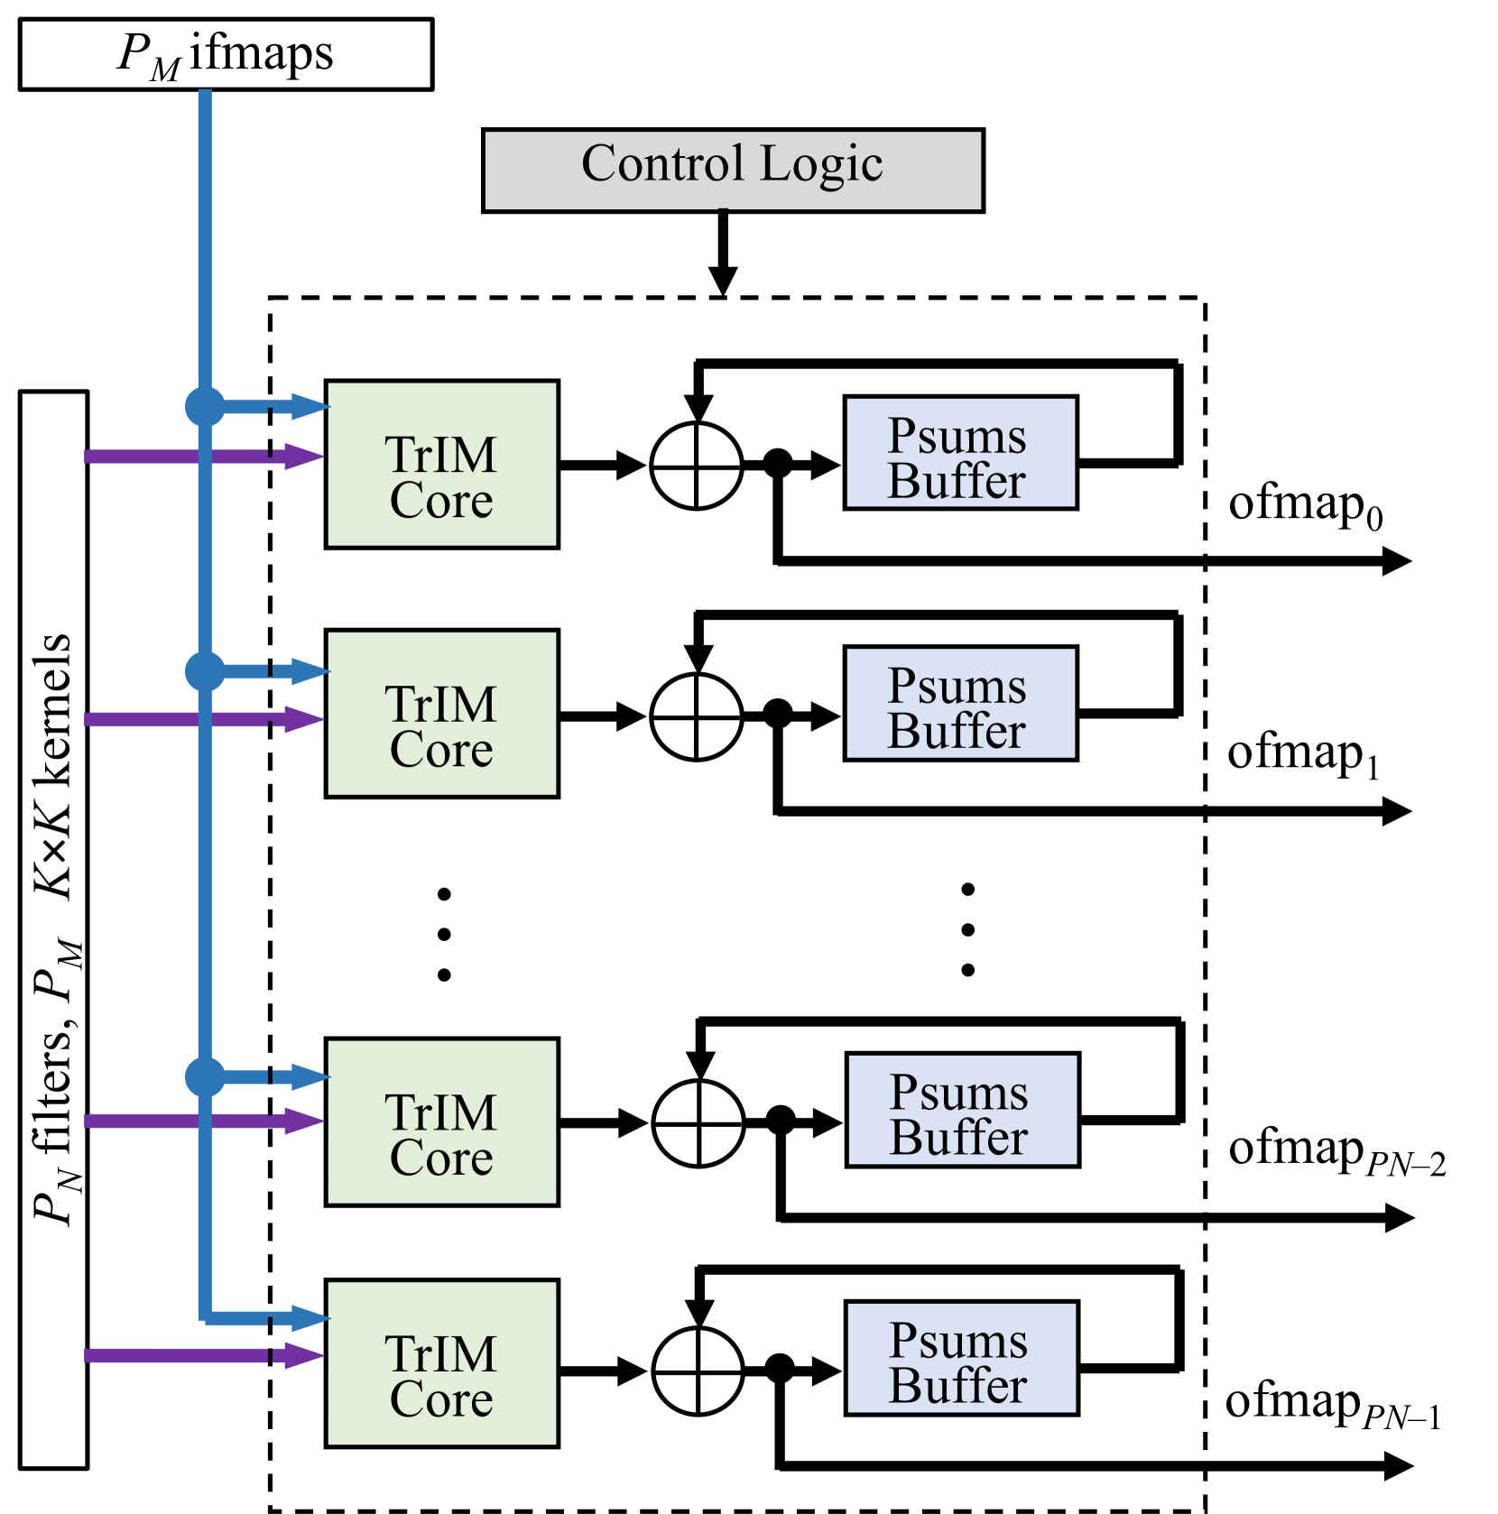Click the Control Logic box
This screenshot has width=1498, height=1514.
tap(733, 171)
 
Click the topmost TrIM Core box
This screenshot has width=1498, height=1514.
tap(441, 464)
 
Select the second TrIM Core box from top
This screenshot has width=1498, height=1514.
tap(441, 713)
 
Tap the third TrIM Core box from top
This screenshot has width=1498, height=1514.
tap(441, 1122)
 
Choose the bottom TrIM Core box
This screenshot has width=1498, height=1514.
tap(441, 1362)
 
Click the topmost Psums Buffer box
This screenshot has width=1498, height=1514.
tap(960, 452)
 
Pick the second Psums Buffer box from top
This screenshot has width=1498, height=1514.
tap(960, 703)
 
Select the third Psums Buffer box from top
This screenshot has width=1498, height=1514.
tap(962, 1109)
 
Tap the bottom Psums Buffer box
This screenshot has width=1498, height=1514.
tap(961, 1357)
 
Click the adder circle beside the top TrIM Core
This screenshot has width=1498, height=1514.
tap(697, 466)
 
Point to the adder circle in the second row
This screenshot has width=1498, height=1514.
tap(697, 716)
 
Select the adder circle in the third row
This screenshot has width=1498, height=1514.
tap(698, 1123)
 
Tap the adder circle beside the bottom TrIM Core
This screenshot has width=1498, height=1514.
tap(698, 1371)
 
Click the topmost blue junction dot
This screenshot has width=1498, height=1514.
tap(205, 406)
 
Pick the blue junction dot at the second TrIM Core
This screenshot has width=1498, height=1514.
tap(205, 671)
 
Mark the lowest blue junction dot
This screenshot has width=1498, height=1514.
tap(205, 1076)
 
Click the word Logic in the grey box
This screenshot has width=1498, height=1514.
tap(820, 165)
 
